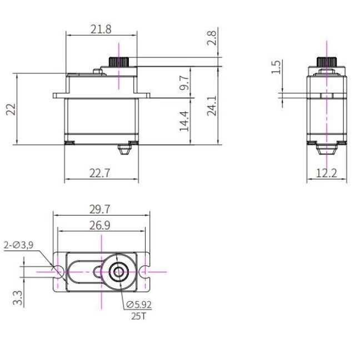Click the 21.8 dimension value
(101, 29)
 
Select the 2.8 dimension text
(212, 38)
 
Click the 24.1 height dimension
(212, 106)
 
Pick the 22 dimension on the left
(11, 109)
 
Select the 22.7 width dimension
(100, 173)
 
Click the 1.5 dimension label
(276, 67)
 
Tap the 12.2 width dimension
(327, 173)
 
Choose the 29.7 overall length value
(100, 209)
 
